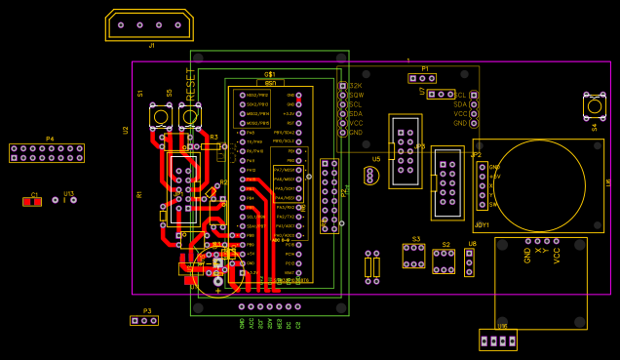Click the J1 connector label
click(x=151, y=46)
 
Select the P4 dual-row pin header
click(x=47, y=153)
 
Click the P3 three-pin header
click(x=143, y=320)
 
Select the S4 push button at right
click(x=594, y=106)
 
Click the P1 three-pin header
click(x=422, y=78)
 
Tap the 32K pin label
click(x=356, y=86)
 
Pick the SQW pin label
click(x=356, y=95)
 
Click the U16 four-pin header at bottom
click(x=498, y=340)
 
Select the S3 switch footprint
click(x=413, y=256)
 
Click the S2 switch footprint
click(x=444, y=260)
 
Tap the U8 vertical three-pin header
click(x=469, y=262)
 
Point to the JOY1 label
click(x=482, y=225)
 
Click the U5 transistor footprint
click(x=370, y=176)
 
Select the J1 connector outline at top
click(x=149, y=25)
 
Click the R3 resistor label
click(x=213, y=138)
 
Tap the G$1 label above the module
click(x=270, y=74)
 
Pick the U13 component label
click(x=68, y=193)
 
